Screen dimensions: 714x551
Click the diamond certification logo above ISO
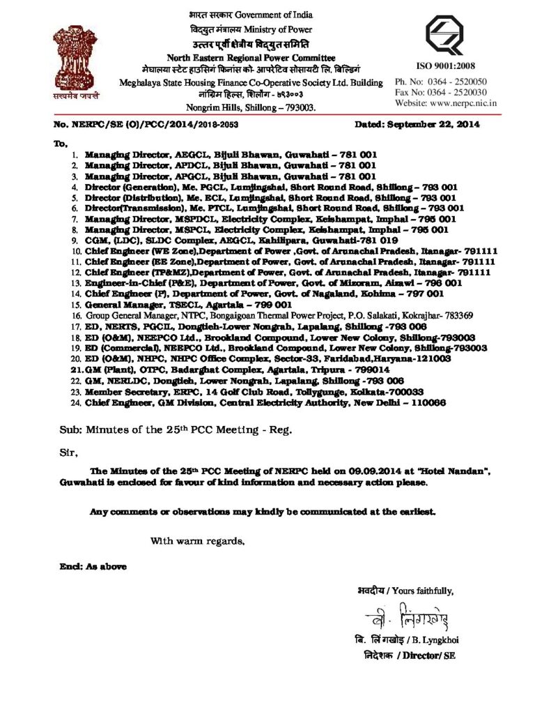tap(445, 35)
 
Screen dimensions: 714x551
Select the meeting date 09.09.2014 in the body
tap(337, 472)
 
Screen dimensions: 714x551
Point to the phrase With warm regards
tap(198, 540)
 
